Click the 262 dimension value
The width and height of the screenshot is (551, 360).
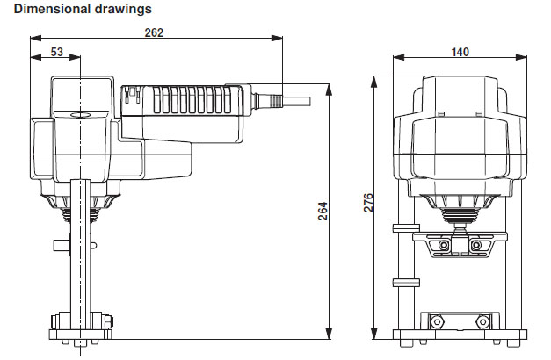[154, 32]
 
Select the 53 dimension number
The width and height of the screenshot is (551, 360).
[56, 53]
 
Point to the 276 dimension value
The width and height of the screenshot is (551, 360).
[368, 204]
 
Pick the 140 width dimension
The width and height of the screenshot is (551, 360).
[460, 52]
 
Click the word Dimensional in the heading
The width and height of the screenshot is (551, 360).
[50, 10]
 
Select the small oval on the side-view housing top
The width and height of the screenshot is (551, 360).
[81, 113]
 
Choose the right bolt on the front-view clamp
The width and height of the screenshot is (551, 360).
[476, 246]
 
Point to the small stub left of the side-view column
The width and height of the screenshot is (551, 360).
[60, 244]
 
